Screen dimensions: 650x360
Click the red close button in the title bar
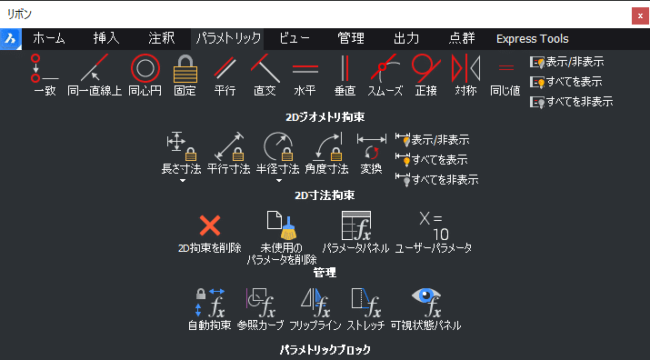pos(640,16)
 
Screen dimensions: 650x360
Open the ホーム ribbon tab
pos(49,38)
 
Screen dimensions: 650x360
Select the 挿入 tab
pos(106,38)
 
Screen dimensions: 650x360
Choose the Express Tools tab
pos(532,39)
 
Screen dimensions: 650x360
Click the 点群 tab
pos(462,38)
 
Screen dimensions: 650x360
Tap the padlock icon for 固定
pos(185,68)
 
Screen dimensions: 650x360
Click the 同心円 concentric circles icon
pos(145,68)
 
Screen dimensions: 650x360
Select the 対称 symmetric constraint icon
pos(466,68)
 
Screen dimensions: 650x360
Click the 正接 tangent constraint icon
pos(425,68)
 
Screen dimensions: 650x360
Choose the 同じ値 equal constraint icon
pos(505,67)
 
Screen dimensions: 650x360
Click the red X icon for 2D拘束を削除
pos(210,225)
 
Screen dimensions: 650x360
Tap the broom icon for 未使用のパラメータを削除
pos(282,225)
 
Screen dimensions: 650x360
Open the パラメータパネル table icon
pos(356,225)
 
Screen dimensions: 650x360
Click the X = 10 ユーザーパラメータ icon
pos(434,226)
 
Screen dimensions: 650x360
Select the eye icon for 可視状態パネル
pos(426,303)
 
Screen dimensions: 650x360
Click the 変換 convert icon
pos(372,146)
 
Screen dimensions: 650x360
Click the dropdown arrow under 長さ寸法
pos(183,180)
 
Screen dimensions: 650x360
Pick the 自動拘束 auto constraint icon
pos(210,303)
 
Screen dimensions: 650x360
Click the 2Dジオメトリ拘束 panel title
pos(325,117)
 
